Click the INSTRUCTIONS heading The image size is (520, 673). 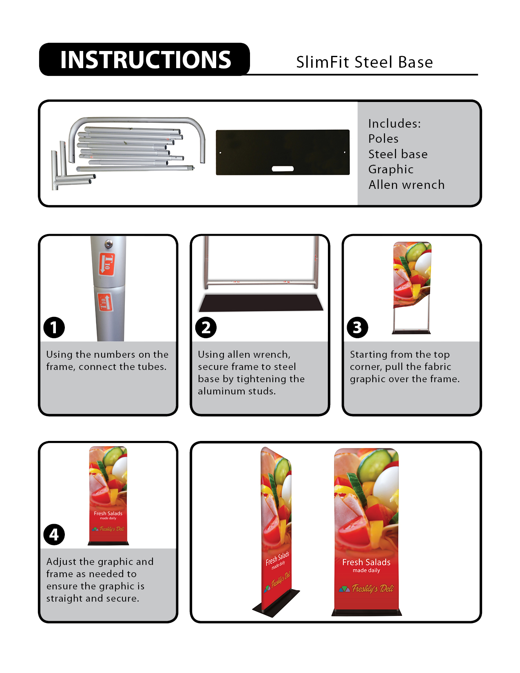click(x=145, y=60)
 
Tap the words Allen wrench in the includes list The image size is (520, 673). click(x=406, y=185)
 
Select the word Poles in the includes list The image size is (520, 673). click(x=383, y=139)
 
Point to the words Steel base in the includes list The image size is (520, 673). click(x=398, y=154)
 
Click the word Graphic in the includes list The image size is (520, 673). click(x=391, y=169)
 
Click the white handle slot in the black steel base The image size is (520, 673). click(x=283, y=168)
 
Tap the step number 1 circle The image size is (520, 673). click(x=54, y=328)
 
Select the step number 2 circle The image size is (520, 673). click(x=206, y=328)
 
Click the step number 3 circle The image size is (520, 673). click(x=357, y=328)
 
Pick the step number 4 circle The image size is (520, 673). click(x=54, y=535)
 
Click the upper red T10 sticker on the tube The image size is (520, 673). click(x=107, y=264)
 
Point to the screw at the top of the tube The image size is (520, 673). click(x=108, y=244)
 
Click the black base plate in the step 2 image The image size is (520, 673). click(x=261, y=303)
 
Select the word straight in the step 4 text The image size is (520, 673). click(x=64, y=598)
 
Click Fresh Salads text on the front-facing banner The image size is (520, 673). click(x=366, y=562)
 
